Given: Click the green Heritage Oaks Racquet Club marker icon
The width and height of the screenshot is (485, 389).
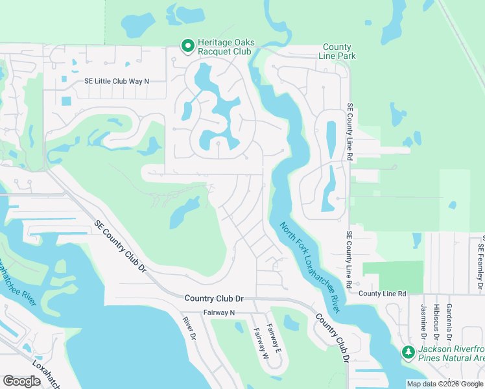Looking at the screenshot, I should (x=187, y=45).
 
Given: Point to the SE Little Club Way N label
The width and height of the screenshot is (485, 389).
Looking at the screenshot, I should (x=117, y=81).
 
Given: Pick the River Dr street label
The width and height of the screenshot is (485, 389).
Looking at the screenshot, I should (x=189, y=327).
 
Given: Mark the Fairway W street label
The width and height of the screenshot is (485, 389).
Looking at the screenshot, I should (x=259, y=344).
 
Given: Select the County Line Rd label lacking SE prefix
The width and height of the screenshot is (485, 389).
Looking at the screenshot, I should (x=382, y=294).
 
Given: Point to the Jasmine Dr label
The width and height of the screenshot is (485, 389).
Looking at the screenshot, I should (x=423, y=322).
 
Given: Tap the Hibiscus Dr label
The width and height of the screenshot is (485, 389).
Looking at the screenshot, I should (x=436, y=322).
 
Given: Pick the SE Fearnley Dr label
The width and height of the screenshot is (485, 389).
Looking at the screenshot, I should (x=480, y=263).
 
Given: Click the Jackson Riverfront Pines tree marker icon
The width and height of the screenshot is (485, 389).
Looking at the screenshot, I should (x=408, y=353).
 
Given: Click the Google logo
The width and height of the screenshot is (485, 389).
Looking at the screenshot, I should (x=21, y=381).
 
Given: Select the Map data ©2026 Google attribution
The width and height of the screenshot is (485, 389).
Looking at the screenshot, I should (x=445, y=384).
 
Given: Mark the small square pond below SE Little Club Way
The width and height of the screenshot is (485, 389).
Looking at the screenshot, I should (x=66, y=100).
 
